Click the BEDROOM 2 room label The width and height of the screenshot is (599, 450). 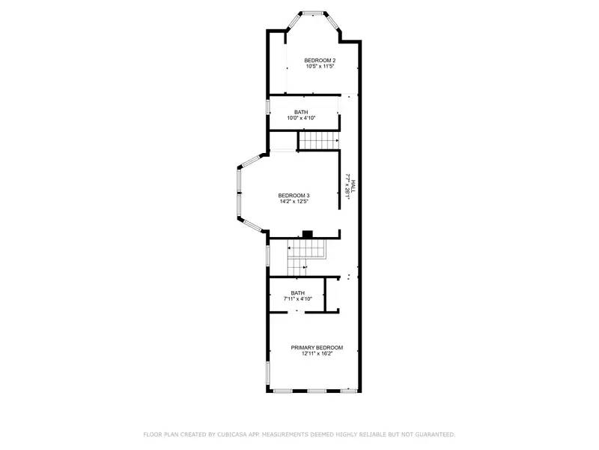[x=320, y=60]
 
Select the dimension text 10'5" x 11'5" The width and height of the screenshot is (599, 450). [x=320, y=67]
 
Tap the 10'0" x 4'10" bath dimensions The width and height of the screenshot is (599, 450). [x=301, y=118]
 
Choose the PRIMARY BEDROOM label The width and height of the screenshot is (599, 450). [x=317, y=347]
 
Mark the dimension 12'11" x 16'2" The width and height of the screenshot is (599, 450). [x=317, y=354]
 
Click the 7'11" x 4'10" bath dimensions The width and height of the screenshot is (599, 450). [x=297, y=299]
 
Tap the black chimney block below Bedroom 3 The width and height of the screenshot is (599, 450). [x=307, y=234]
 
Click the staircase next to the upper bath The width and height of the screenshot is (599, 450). [x=318, y=139]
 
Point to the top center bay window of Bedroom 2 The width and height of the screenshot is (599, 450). [x=313, y=12]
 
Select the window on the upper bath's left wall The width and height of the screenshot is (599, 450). [x=268, y=106]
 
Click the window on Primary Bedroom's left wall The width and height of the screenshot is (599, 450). [x=268, y=373]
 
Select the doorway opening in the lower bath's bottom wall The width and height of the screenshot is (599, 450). [x=297, y=310]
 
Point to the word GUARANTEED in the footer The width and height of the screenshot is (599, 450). [x=431, y=434]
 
